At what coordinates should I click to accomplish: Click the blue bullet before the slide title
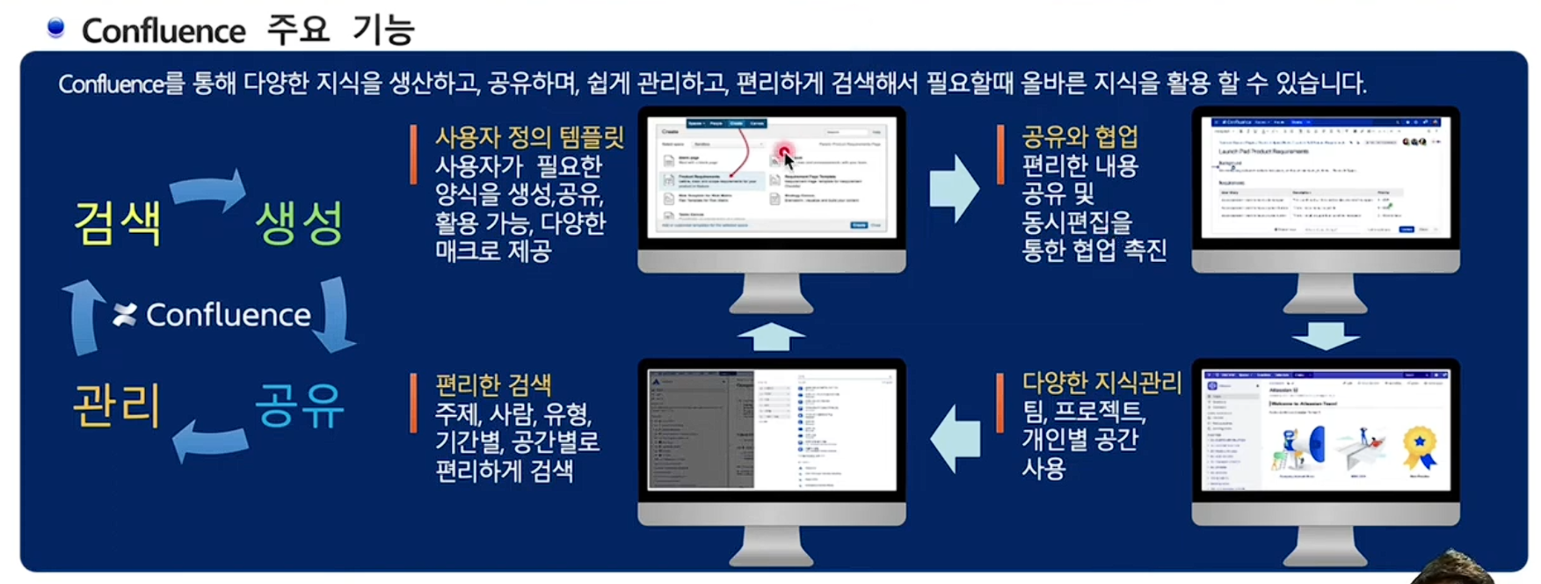click(55, 28)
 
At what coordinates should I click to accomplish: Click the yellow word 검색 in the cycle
click(117, 223)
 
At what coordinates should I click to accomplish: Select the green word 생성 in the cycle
click(299, 223)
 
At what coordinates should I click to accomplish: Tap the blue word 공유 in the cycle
click(299, 405)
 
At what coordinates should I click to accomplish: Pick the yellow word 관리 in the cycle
click(117, 405)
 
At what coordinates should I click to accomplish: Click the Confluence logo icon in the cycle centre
click(125, 315)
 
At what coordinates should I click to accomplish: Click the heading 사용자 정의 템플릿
click(529, 137)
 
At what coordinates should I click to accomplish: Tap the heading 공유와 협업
click(1079, 137)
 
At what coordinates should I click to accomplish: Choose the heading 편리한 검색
click(493, 385)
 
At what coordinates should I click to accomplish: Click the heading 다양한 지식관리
click(1101, 383)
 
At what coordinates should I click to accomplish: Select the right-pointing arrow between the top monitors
click(954, 188)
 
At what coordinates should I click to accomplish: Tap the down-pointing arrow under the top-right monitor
click(1326, 335)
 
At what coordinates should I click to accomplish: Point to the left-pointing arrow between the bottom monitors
click(955, 438)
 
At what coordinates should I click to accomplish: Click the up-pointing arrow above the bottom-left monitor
click(771, 336)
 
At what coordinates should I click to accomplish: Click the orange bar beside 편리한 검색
click(413, 403)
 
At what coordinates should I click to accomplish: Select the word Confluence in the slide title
click(164, 32)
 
